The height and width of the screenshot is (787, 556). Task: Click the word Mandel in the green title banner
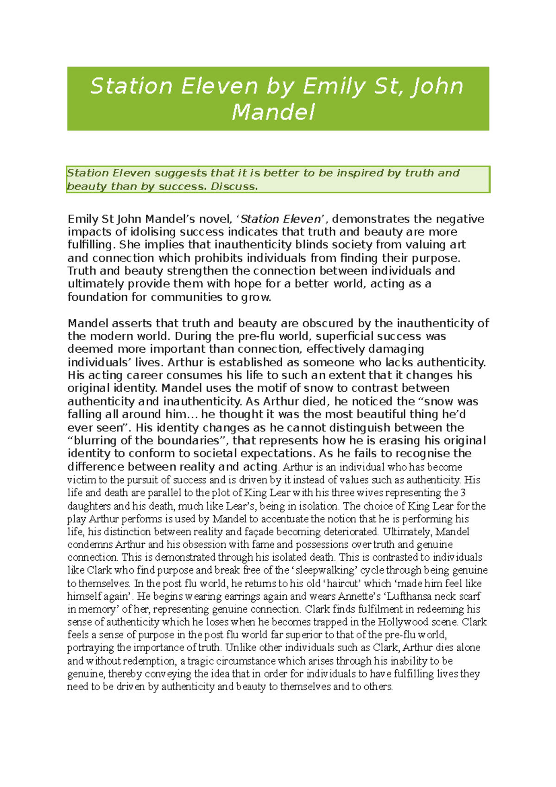coord(273,113)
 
